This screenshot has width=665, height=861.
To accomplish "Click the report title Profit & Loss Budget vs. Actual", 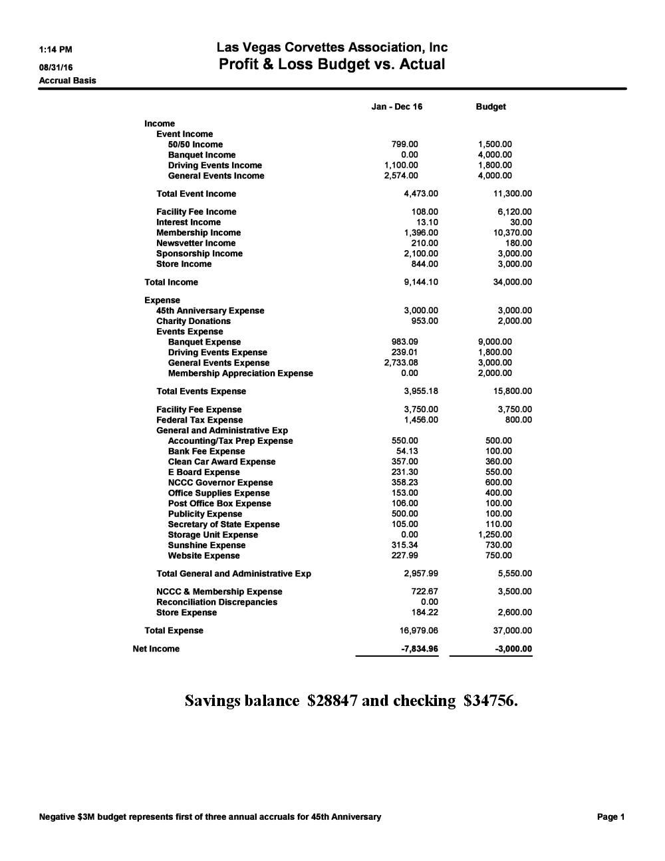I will [x=332, y=65].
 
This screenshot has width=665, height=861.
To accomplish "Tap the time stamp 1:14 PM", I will [x=56, y=49].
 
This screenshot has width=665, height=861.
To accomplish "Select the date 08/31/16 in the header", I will [x=56, y=67].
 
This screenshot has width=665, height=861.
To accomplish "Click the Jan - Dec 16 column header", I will [x=396, y=106].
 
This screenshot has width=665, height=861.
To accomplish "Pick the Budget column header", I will [x=491, y=106].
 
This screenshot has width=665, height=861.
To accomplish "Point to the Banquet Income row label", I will [x=201, y=155].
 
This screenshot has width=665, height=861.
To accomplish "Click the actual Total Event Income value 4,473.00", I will [x=421, y=194].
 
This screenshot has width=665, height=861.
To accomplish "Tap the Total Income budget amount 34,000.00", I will [x=512, y=282].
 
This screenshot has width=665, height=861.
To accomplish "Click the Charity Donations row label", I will [x=194, y=321].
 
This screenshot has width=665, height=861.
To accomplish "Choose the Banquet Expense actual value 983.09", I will [x=404, y=342].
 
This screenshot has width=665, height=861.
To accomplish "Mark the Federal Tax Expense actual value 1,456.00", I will [x=421, y=420].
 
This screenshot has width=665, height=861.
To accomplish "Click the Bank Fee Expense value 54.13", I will [x=407, y=451].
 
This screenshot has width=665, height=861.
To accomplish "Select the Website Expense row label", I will [x=203, y=556].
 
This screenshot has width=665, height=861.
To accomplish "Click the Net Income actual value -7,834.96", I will [x=420, y=649].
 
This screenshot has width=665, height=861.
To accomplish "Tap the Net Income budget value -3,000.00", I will [x=514, y=649].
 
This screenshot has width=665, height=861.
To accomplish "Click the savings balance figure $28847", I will [x=332, y=701].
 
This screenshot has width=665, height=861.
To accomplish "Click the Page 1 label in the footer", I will [x=610, y=817].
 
